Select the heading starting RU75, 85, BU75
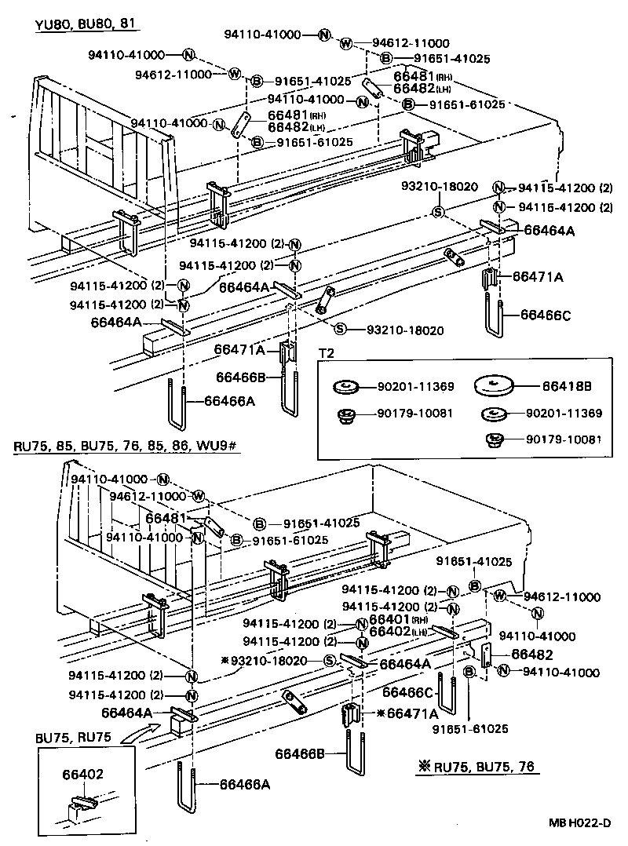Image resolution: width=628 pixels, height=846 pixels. pyautogui.click(x=126, y=447)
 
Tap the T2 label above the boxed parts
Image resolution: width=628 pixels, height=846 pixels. pyautogui.click(x=326, y=353)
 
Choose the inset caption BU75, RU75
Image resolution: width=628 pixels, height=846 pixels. pyautogui.click(x=73, y=737)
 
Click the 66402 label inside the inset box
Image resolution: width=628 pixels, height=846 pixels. pyautogui.click(x=83, y=774)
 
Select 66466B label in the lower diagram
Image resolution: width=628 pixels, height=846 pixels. pyautogui.click(x=300, y=754)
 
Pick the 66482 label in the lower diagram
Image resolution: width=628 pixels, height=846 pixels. pyautogui.click(x=533, y=655)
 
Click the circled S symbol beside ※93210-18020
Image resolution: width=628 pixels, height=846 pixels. pyautogui.click(x=330, y=660)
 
